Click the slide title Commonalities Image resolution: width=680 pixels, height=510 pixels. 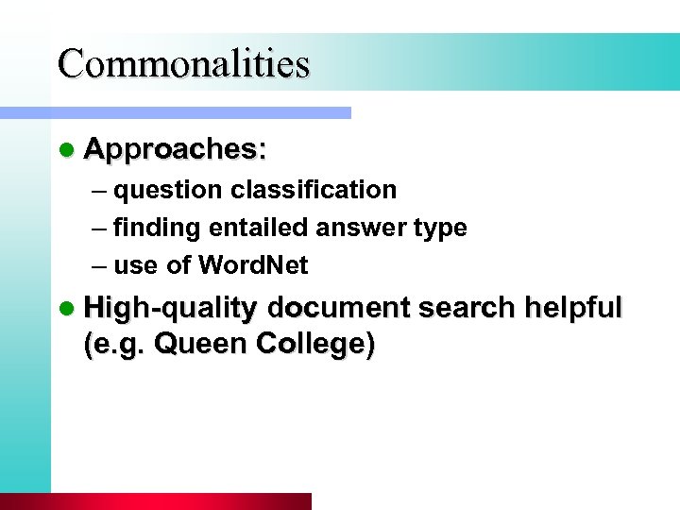183,63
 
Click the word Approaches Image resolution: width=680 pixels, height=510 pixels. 174,149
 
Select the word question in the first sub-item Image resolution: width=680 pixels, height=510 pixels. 169,191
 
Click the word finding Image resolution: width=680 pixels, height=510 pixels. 159,228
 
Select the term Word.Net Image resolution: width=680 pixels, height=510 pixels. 253,266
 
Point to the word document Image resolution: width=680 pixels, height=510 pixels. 338,308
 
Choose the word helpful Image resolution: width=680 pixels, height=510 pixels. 573,308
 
